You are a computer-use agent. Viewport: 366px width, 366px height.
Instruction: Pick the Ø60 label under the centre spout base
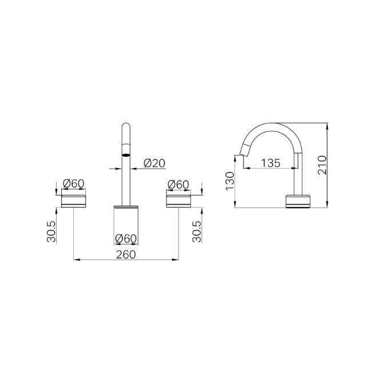point(126,238)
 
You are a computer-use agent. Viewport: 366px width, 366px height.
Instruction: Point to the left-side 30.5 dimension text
point(52,232)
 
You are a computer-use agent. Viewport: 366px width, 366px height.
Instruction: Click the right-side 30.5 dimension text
point(197,232)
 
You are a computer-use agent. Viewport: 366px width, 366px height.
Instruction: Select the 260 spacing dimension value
point(126,254)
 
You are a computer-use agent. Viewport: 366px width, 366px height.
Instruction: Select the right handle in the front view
point(178,200)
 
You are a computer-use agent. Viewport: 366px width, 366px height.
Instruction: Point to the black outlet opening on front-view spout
point(126,154)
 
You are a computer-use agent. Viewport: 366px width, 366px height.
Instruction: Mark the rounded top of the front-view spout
point(126,126)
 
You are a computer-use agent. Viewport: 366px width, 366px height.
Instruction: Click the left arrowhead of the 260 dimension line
point(77,261)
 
